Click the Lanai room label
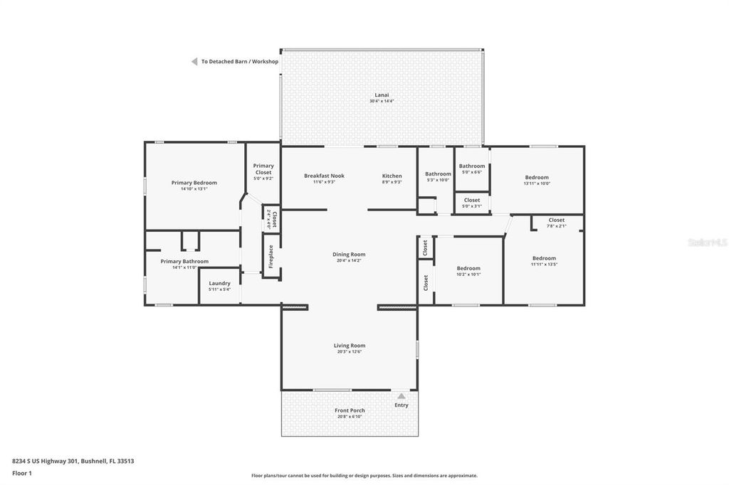click(x=382, y=95)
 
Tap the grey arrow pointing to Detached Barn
click(x=194, y=62)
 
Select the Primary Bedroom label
click(x=194, y=183)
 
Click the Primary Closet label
click(x=263, y=169)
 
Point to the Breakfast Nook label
click(x=324, y=176)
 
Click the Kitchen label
click(x=392, y=176)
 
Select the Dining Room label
click(x=349, y=255)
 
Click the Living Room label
click(x=349, y=346)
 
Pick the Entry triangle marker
click(x=402, y=396)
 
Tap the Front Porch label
click(x=349, y=410)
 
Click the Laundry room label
click(x=219, y=284)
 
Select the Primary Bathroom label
click(x=184, y=261)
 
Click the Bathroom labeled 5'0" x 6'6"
click(x=471, y=166)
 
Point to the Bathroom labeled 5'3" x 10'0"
click(x=438, y=174)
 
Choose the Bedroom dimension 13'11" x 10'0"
click(x=537, y=183)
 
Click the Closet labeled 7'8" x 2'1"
click(x=557, y=220)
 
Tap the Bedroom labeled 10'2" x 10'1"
click(x=468, y=268)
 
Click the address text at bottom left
click(x=73, y=461)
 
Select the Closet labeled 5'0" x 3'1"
click(x=471, y=201)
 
